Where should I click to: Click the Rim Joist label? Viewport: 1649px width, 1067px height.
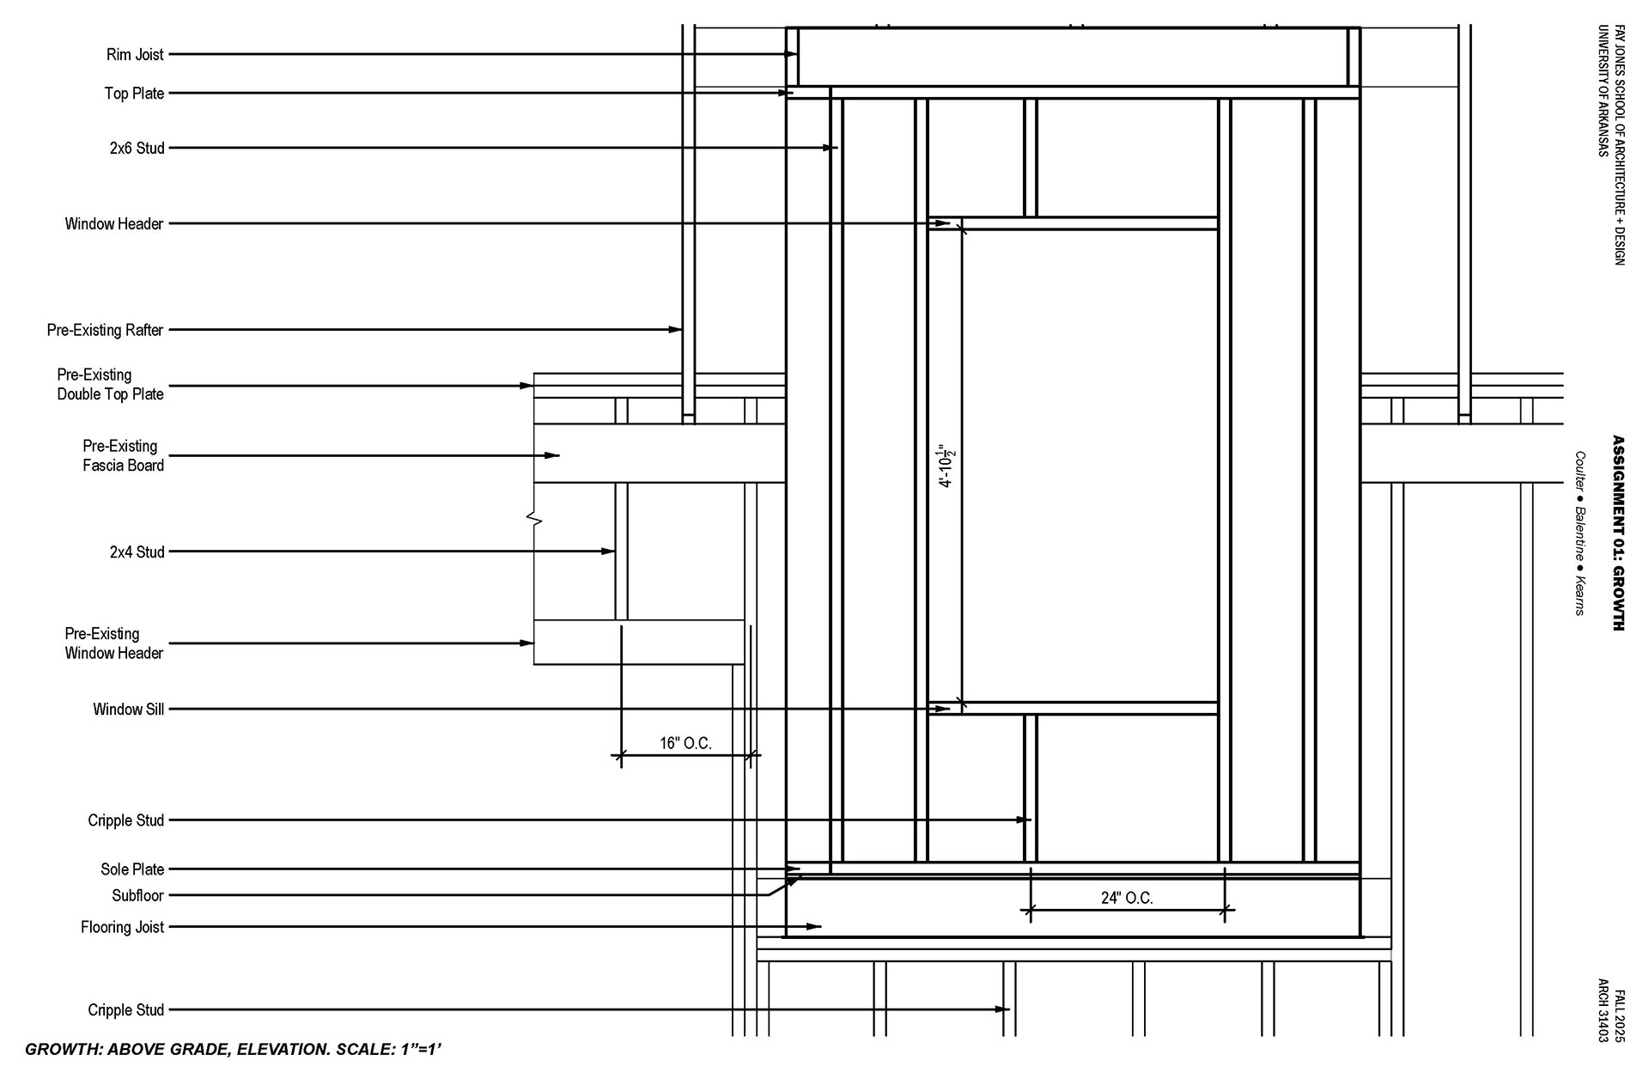pos(135,55)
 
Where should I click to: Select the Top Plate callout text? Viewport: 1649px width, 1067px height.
pos(134,94)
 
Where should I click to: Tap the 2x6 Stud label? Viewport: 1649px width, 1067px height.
pos(137,149)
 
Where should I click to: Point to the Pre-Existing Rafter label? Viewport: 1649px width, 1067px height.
pos(105,330)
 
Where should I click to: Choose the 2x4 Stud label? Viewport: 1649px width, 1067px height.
pos(137,552)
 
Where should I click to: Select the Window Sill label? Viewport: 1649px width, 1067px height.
pos(128,710)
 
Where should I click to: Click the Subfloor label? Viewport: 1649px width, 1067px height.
pos(137,895)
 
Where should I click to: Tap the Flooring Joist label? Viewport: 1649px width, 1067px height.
pos(122,927)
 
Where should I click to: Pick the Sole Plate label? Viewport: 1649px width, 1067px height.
pos(131,869)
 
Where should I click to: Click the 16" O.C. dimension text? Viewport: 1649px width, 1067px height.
pos(685,743)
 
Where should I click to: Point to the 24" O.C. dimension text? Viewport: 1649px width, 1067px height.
pos(1127,898)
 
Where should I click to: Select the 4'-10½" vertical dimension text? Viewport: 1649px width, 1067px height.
pos(947,466)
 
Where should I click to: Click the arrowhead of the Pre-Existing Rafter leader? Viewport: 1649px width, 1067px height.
pos(677,330)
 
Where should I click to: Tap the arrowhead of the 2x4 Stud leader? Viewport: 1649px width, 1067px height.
pos(610,552)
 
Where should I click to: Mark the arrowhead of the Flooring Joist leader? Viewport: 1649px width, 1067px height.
pos(816,927)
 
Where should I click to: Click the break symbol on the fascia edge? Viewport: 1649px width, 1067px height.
pos(534,519)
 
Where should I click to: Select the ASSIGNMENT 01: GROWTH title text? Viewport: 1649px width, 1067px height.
pos(1618,533)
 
